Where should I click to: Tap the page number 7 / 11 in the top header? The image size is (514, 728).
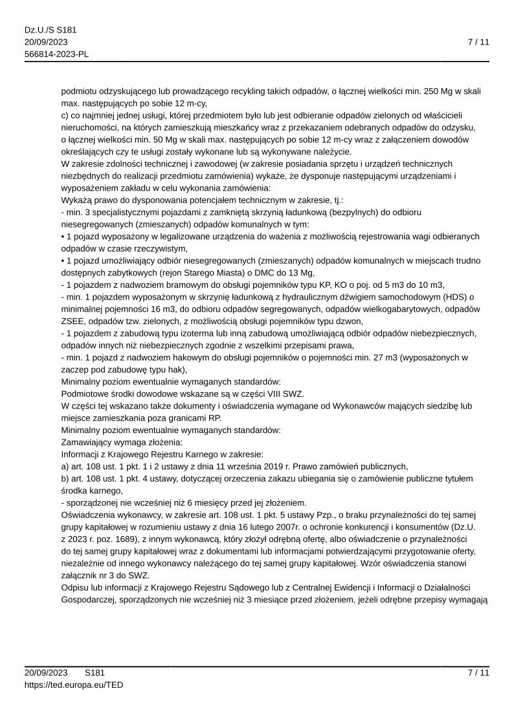click(x=478, y=42)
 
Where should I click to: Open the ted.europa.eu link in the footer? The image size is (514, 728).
click(x=74, y=685)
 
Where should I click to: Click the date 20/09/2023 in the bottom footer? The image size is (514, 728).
click(x=46, y=673)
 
